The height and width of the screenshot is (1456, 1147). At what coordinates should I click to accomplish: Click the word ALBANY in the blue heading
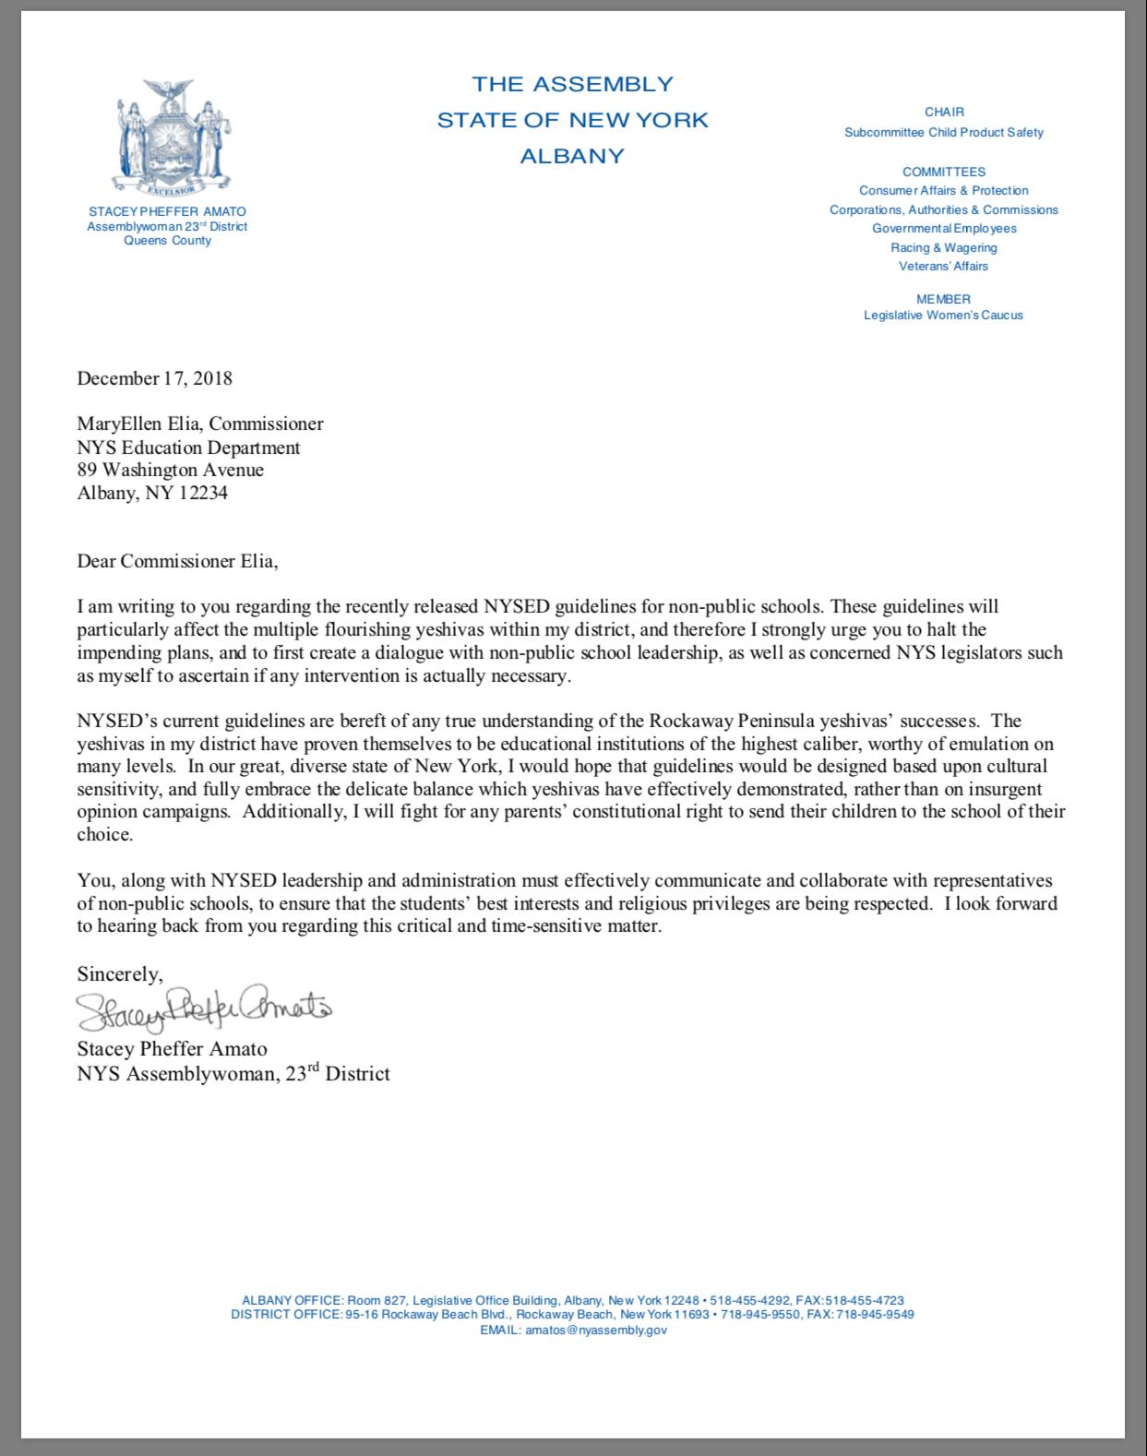tap(572, 156)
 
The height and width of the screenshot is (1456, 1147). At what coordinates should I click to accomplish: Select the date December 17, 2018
tap(154, 378)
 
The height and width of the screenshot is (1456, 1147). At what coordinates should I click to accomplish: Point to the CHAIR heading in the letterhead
tap(944, 112)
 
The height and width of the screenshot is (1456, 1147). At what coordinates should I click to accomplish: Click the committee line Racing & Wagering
tap(943, 247)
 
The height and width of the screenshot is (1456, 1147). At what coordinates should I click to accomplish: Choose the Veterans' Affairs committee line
tap(943, 267)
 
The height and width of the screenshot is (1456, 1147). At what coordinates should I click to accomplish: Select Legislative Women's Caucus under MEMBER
tap(943, 315)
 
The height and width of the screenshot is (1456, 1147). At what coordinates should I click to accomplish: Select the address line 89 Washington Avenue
tap(170, 470)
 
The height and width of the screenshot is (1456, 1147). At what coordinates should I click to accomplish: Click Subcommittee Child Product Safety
tap(943, 132)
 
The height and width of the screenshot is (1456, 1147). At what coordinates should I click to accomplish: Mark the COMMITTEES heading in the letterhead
tap(943, 172)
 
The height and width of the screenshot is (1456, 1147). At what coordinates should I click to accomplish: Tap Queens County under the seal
tap(167, 241)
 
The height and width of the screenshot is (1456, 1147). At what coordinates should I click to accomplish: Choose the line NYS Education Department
tap(188, 448)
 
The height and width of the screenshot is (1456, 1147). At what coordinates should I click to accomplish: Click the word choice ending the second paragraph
tap(105, 835)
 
